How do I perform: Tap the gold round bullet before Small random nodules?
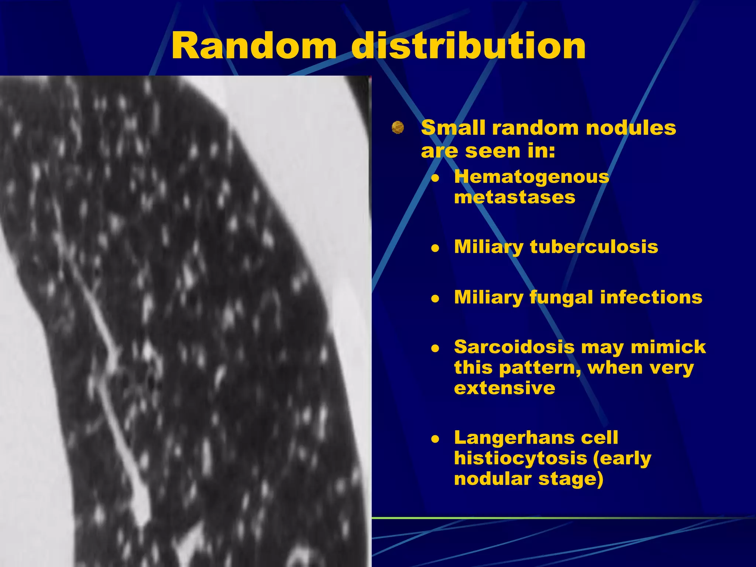tap(398, 127)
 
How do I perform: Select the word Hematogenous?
tap(531, 176)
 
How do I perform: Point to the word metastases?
tap(514, 197)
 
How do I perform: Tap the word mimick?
tap(668, 347)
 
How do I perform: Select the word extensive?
tap(504, 388)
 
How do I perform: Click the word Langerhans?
tap(514, 438)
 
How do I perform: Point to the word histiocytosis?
tap(520, 458)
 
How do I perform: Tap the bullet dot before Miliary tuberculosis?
tap(436, 248)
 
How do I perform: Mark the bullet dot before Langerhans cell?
tap(436, 439)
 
